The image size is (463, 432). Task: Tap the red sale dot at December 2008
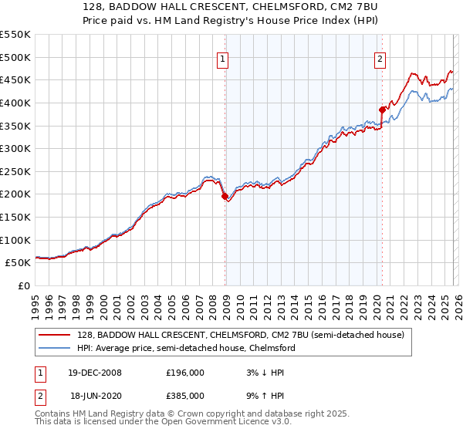click(x=225, y=197)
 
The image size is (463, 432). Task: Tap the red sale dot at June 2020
click(x=382, y=110)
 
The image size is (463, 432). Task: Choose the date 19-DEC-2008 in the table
click(x=96, y=372)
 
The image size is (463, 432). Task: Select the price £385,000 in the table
click(x=184, y=395)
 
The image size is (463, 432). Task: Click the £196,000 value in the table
click(x=184, y=372)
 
